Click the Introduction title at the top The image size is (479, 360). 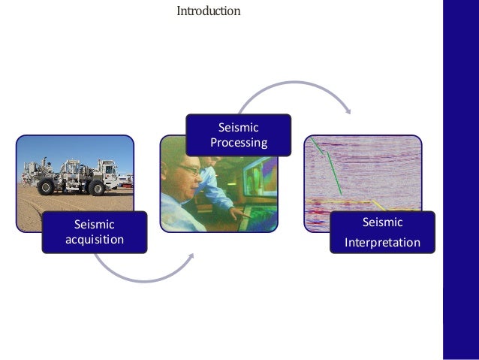point(208,11)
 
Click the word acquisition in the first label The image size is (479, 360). point(94,239)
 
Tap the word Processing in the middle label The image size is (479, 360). point(239,143)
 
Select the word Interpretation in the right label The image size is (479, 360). point(382,243)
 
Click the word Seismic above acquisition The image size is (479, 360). point(94,224)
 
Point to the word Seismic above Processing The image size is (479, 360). point(239,128)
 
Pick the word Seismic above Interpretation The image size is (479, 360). point(382,222)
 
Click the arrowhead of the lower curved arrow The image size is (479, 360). point(191,256)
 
